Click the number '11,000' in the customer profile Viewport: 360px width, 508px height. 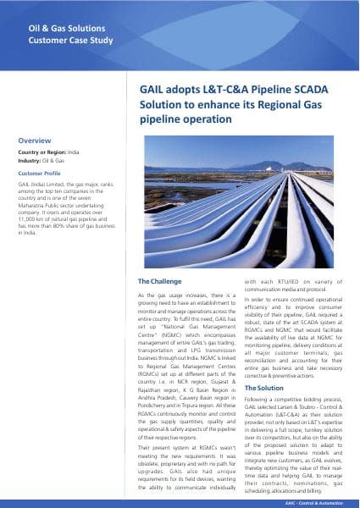[x=29, y=218]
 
